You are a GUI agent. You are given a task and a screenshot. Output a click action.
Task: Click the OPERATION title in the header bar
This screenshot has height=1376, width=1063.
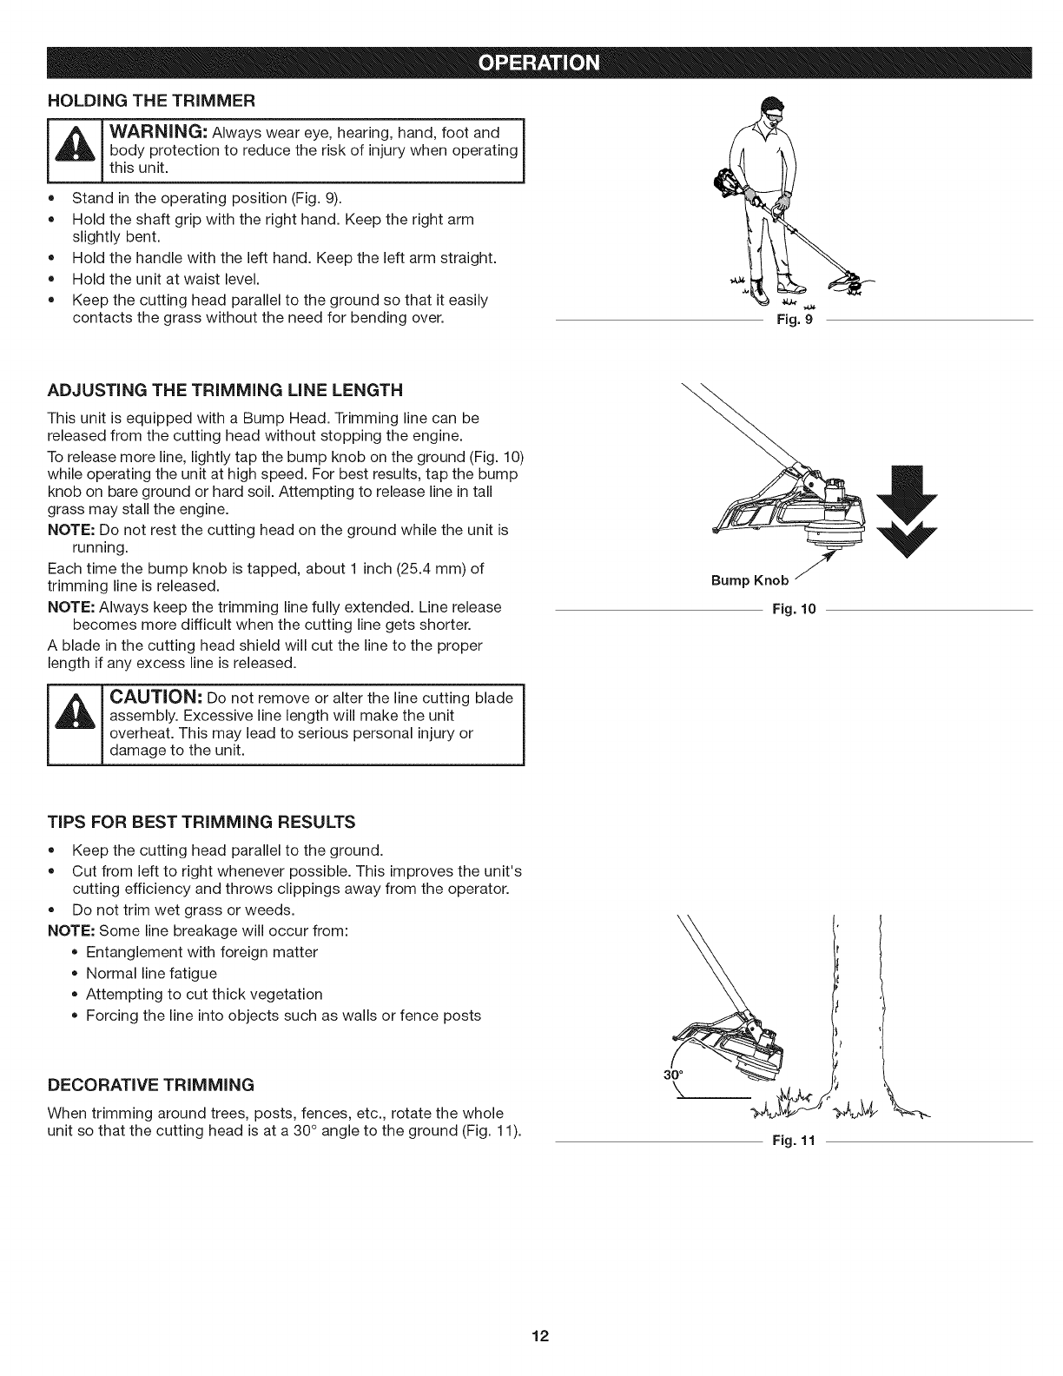(531, 63)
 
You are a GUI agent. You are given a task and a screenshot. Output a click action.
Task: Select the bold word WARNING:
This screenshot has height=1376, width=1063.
(157, 132)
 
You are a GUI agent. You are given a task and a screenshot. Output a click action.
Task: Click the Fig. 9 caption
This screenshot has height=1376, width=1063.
(796, 322)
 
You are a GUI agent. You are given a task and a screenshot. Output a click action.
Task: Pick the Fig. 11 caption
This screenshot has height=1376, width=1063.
(794, 1141)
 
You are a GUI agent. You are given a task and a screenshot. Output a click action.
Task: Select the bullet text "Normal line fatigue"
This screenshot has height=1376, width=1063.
(151, 974)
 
